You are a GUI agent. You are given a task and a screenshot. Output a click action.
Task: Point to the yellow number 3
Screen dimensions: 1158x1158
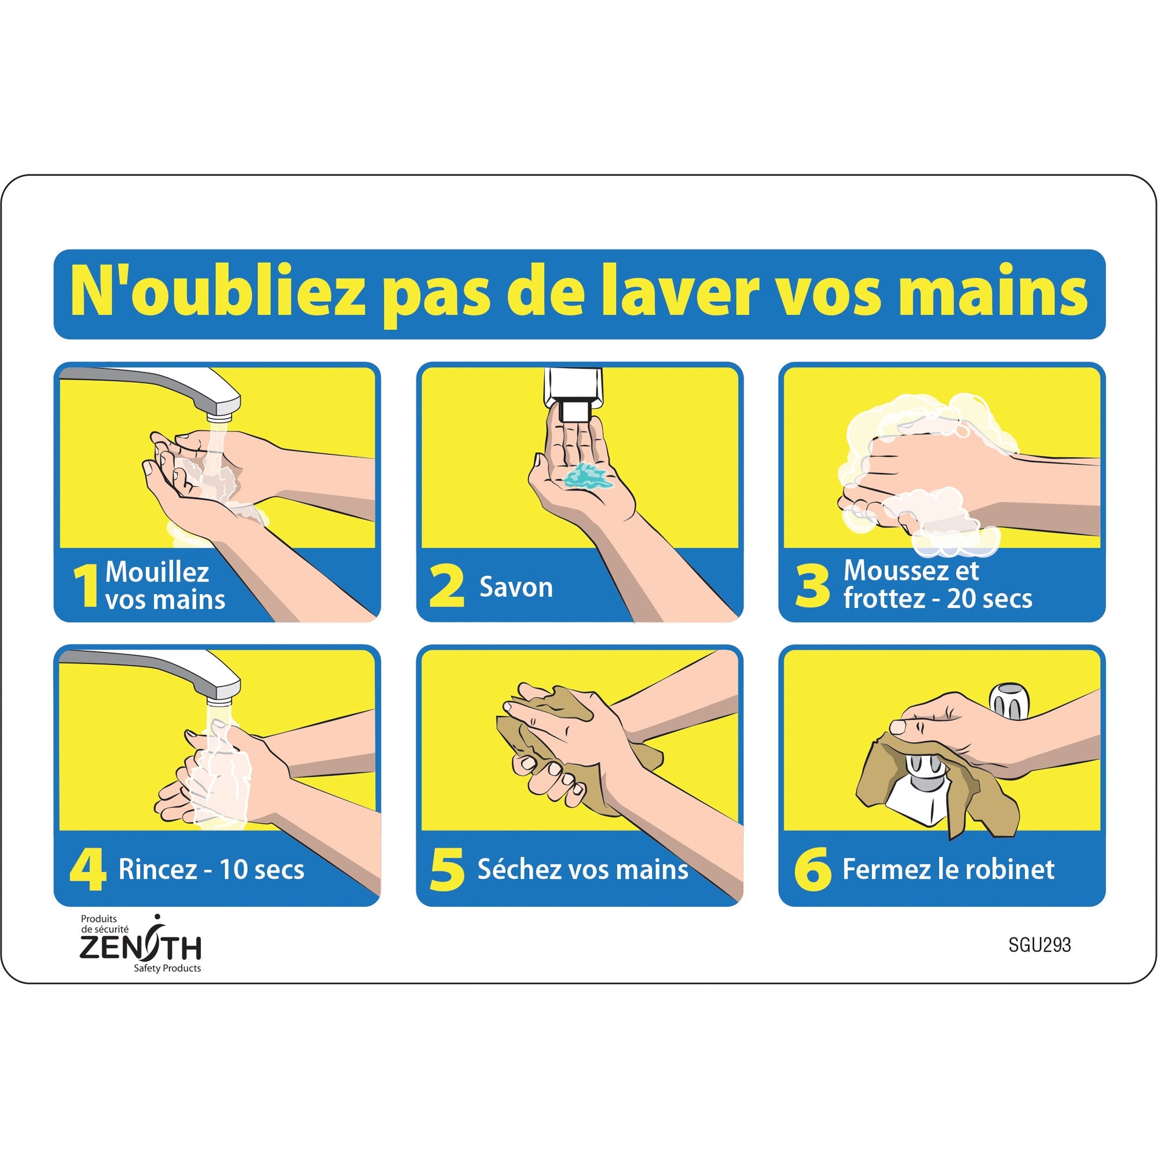(812, 586)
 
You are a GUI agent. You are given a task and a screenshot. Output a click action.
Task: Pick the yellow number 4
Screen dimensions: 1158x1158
(87, 869)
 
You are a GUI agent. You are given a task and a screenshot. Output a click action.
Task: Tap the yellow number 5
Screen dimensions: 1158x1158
(447, 869)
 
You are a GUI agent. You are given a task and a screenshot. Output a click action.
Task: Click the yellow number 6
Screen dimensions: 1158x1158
(812, 869)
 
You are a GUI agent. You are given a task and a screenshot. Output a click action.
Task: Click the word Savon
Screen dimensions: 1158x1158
(516, 587)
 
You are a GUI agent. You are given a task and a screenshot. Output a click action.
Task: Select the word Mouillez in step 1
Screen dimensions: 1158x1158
(157, 572)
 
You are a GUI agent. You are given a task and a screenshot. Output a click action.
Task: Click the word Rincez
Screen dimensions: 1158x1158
(157, 869)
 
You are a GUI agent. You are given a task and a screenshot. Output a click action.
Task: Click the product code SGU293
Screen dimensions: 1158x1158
(1039, 946)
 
